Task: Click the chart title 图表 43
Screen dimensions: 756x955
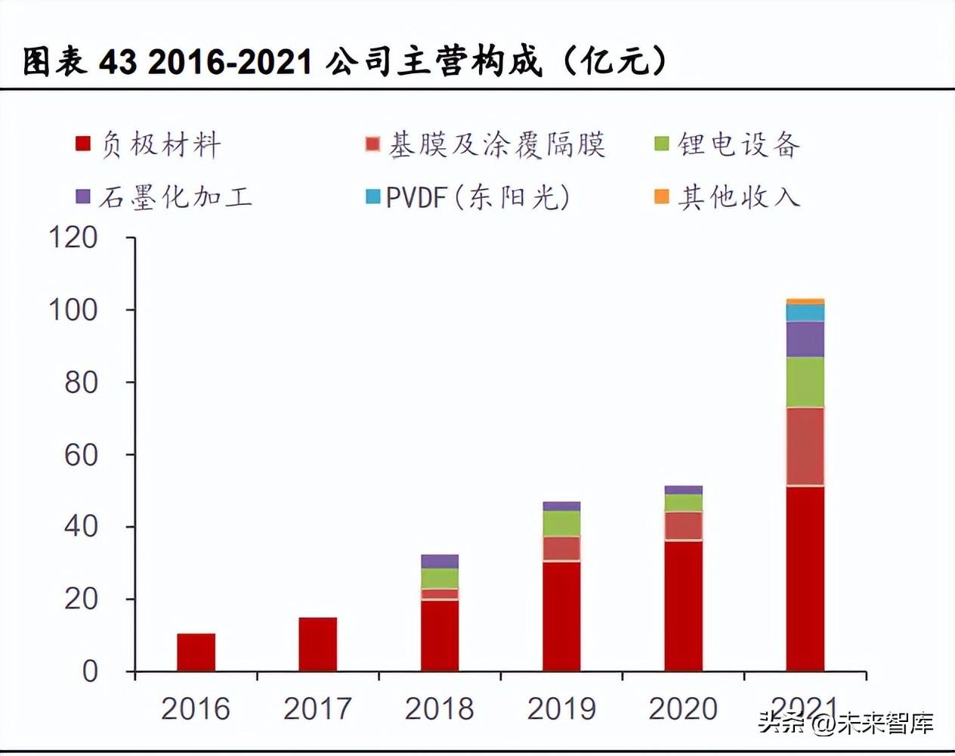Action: [x=345, y=61]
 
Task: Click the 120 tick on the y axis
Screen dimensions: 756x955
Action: [x=74, y=238]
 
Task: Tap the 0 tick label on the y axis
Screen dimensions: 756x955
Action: [x=90, y=671]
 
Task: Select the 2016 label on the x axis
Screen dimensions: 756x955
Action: [x=196, y=709]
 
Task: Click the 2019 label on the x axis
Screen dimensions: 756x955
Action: [x=561, y=709]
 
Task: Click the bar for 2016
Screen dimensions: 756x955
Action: [x=196, y=652]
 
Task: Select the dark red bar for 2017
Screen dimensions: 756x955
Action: [x=317, y=644]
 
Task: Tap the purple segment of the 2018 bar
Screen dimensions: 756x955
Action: [x=440, y=561]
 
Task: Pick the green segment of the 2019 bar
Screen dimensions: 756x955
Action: [x=561, y=523]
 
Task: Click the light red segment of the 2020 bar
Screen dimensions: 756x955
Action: [x=683, y=526]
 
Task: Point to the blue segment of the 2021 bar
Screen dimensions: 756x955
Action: [x=805, y=313]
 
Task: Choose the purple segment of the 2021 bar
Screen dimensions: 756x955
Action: [x=805, y=339]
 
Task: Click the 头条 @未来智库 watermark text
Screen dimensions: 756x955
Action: [x=845, y=723]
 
